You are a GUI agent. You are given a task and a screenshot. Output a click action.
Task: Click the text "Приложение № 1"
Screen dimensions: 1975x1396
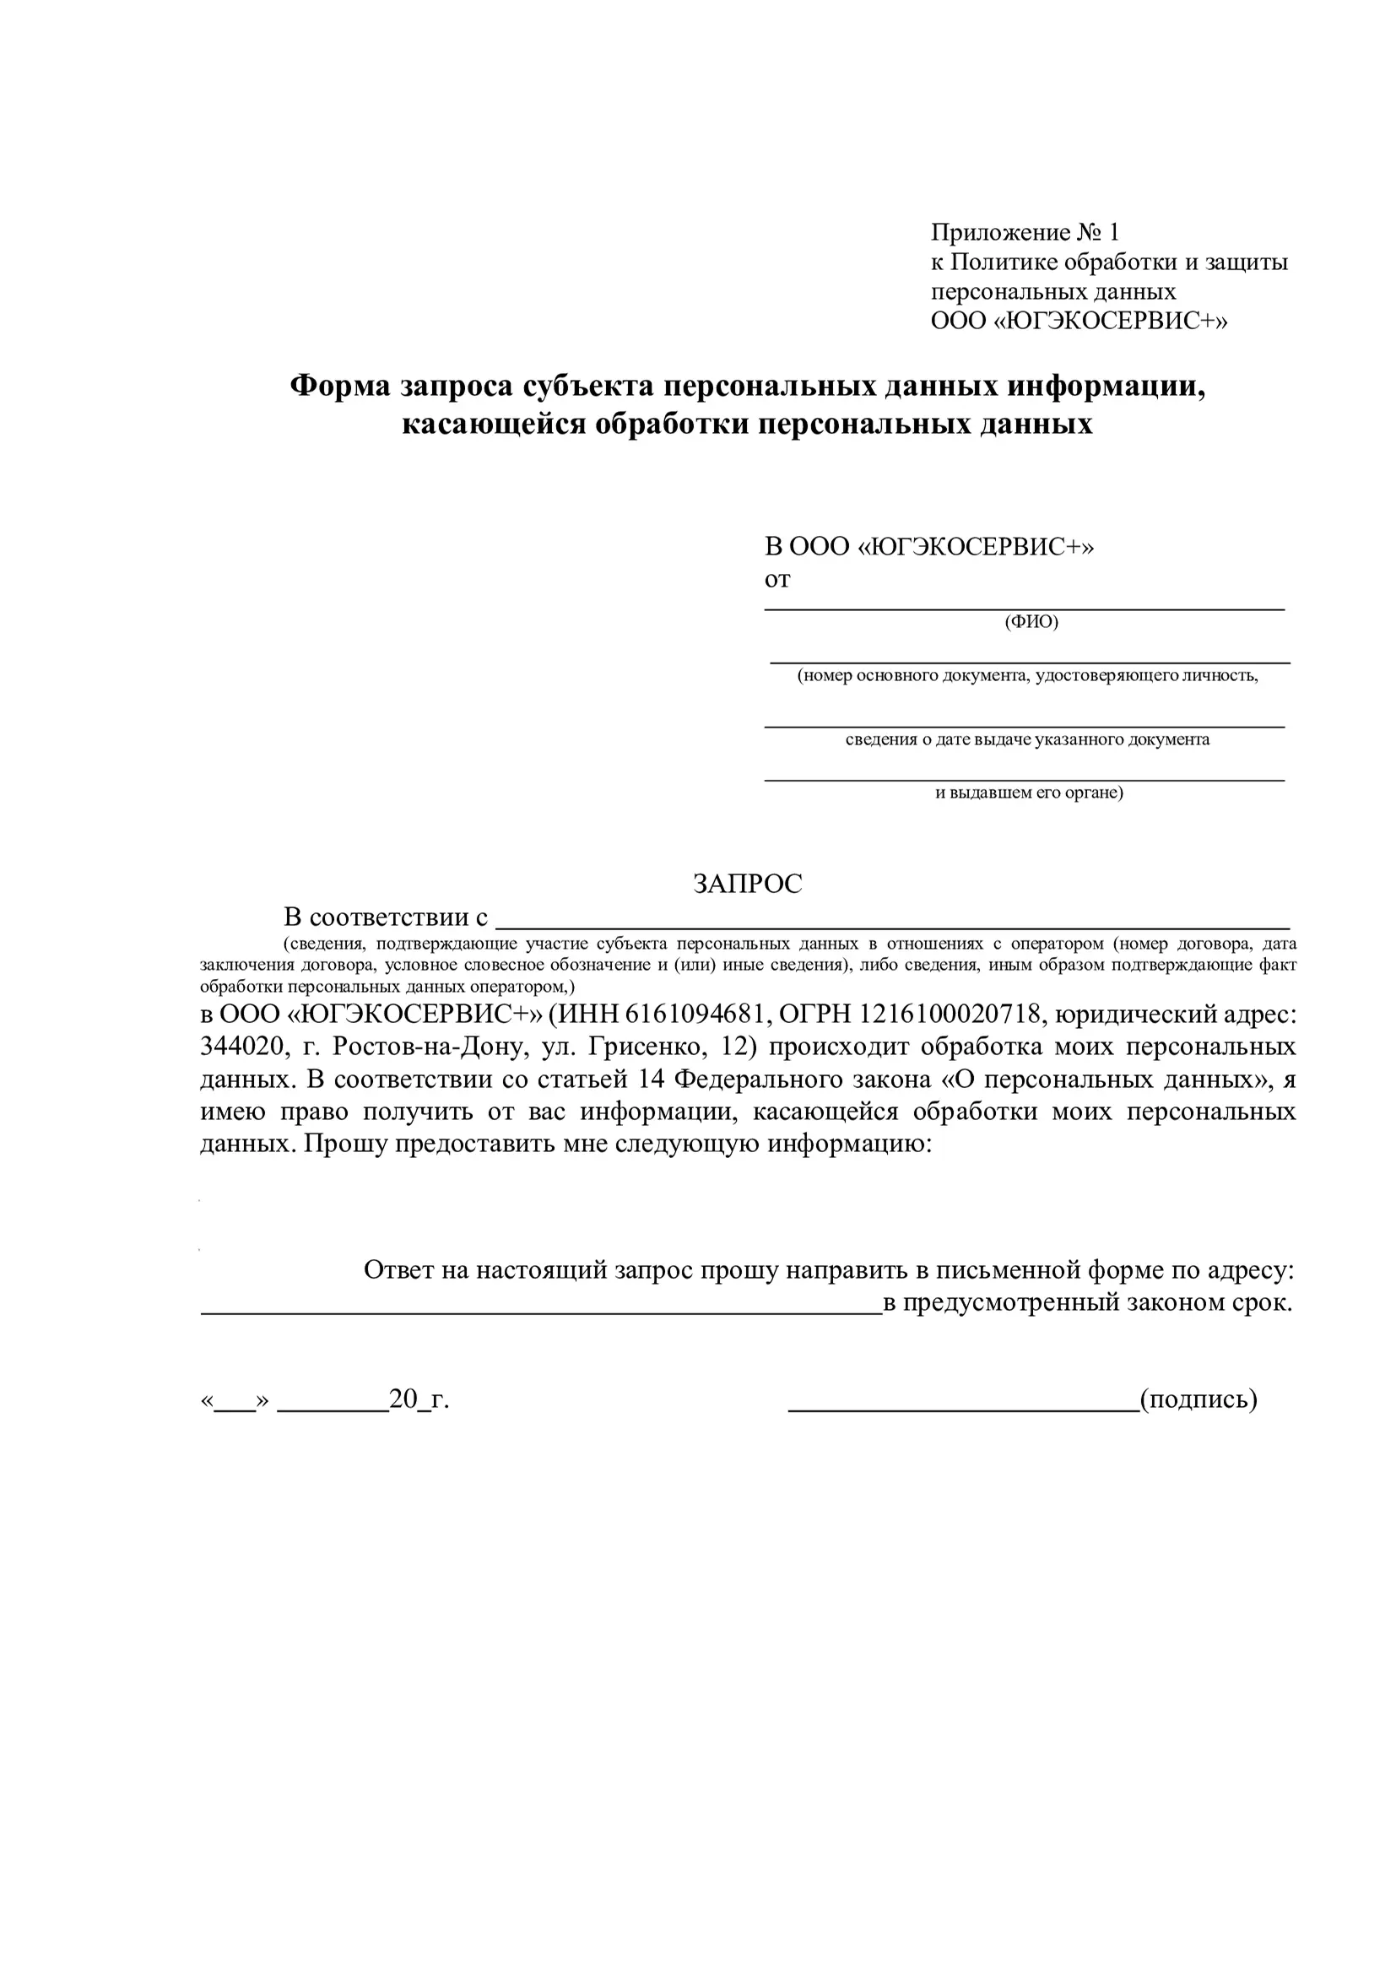tap(1025, 232)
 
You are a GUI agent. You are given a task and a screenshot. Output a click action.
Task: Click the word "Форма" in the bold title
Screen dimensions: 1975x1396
tap(339, 387)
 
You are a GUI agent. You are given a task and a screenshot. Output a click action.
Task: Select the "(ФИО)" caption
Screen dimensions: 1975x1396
tap(1031, 622)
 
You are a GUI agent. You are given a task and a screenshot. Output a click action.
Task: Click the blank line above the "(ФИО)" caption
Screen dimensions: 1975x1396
tap(1024, 609)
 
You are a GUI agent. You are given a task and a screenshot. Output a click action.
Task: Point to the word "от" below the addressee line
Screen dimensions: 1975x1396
tap(776, 580)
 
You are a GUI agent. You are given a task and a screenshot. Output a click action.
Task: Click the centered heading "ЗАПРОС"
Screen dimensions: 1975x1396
tap(747, 885)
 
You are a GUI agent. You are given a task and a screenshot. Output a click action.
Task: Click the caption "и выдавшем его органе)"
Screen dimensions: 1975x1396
tap(1029, 793)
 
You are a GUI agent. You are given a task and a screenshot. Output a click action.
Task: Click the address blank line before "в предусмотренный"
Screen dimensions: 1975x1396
tap(541, 1313)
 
